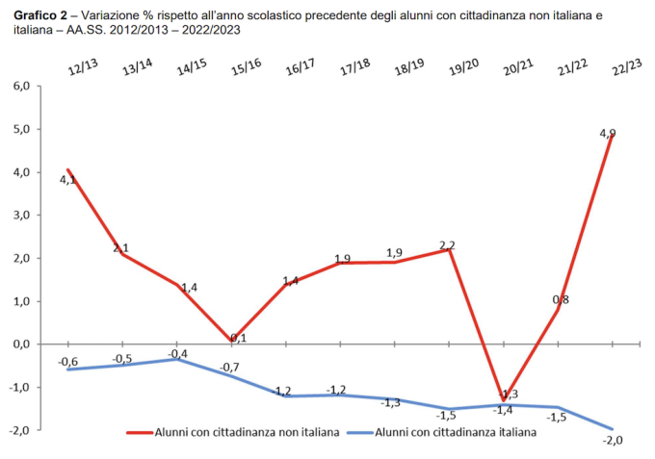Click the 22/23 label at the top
point(627,68)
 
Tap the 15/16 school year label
point(247,68)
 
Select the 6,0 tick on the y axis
point(20,86)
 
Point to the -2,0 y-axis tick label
point(19,430)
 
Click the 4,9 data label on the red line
point(608,134)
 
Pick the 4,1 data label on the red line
point(67,180)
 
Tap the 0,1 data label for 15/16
point(238,338)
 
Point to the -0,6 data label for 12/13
point(67,362)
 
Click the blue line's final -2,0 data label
point(613,441)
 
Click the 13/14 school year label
point(137,68)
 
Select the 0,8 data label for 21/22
point(560,300)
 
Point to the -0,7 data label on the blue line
point(231,369)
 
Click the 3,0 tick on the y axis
point(20,215)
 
